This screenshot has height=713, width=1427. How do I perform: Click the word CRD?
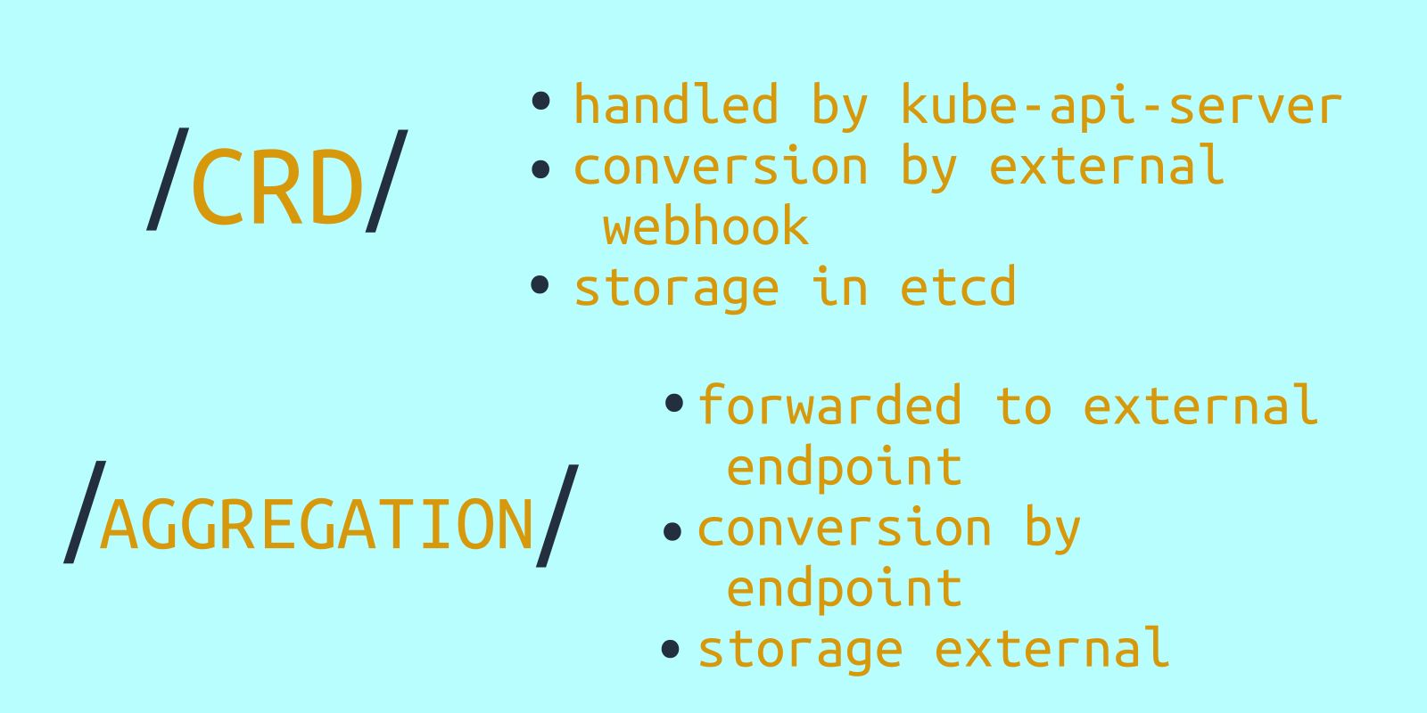277,186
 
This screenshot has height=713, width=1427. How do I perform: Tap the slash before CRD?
168,179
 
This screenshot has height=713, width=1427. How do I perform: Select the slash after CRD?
387,181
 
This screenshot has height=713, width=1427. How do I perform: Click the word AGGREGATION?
317,525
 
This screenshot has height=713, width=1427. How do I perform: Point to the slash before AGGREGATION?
85,512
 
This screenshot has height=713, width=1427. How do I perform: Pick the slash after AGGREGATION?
557,516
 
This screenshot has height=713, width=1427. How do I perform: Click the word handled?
676,103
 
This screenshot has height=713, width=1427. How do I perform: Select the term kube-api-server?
1121,106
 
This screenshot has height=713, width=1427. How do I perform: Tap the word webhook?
705,225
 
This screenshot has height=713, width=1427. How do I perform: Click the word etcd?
958,286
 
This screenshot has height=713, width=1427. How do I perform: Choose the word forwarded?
829,404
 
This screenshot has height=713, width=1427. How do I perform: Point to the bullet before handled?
540,102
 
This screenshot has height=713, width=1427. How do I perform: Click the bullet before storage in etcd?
540,284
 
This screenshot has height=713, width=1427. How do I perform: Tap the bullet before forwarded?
673,403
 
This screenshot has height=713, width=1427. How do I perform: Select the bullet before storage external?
670,649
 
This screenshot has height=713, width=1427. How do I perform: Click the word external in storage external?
1052,647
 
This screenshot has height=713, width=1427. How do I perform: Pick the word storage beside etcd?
677,289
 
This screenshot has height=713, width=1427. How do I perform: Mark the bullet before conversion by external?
540,169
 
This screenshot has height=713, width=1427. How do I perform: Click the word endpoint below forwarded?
844,468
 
